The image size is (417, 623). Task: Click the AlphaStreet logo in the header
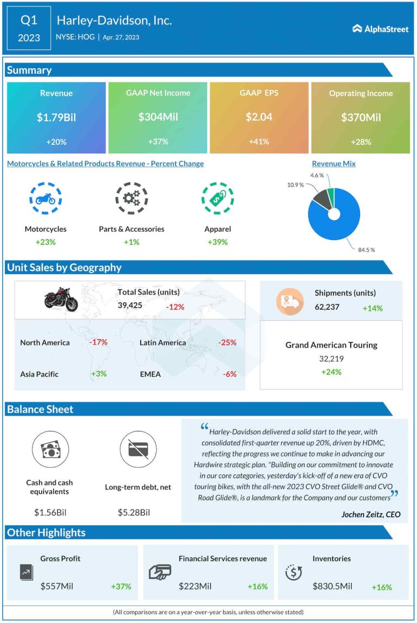380,29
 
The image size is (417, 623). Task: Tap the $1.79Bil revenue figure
56,117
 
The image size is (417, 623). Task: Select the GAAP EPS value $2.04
258,117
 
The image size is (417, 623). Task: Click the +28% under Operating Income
361,142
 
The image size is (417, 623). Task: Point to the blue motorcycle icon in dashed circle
45,199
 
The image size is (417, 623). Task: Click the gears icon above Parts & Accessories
131,199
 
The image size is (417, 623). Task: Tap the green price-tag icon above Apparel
217,199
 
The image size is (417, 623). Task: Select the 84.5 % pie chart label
367,250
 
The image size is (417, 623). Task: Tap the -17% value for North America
98,342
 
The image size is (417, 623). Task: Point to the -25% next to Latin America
227,342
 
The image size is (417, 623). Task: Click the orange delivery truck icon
289,301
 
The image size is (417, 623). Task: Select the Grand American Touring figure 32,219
331,359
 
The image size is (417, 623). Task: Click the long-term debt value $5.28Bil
134,512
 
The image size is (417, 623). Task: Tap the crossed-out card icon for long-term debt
138,449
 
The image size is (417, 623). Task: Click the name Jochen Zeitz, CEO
371,514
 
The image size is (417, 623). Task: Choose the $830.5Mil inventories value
332,586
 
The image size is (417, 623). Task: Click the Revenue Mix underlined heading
333,163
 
